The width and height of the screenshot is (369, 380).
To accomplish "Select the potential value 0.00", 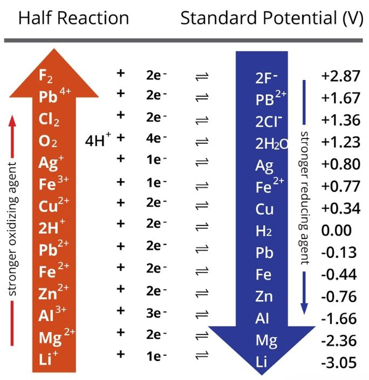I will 337,231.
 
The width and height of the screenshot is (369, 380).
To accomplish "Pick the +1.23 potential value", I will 340,142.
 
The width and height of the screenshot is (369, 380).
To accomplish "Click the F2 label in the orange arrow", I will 46,76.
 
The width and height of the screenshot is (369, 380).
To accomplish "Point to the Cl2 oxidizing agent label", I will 49,120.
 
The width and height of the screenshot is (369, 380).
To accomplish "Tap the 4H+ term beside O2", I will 98,142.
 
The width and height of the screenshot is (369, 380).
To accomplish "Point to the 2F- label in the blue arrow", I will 266,77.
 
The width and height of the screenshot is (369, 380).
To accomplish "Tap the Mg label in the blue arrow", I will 266,341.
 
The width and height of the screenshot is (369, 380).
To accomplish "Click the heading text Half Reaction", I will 74,18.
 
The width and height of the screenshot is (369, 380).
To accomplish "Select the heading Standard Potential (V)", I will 273,18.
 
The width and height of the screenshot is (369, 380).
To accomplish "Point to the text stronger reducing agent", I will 305,197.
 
